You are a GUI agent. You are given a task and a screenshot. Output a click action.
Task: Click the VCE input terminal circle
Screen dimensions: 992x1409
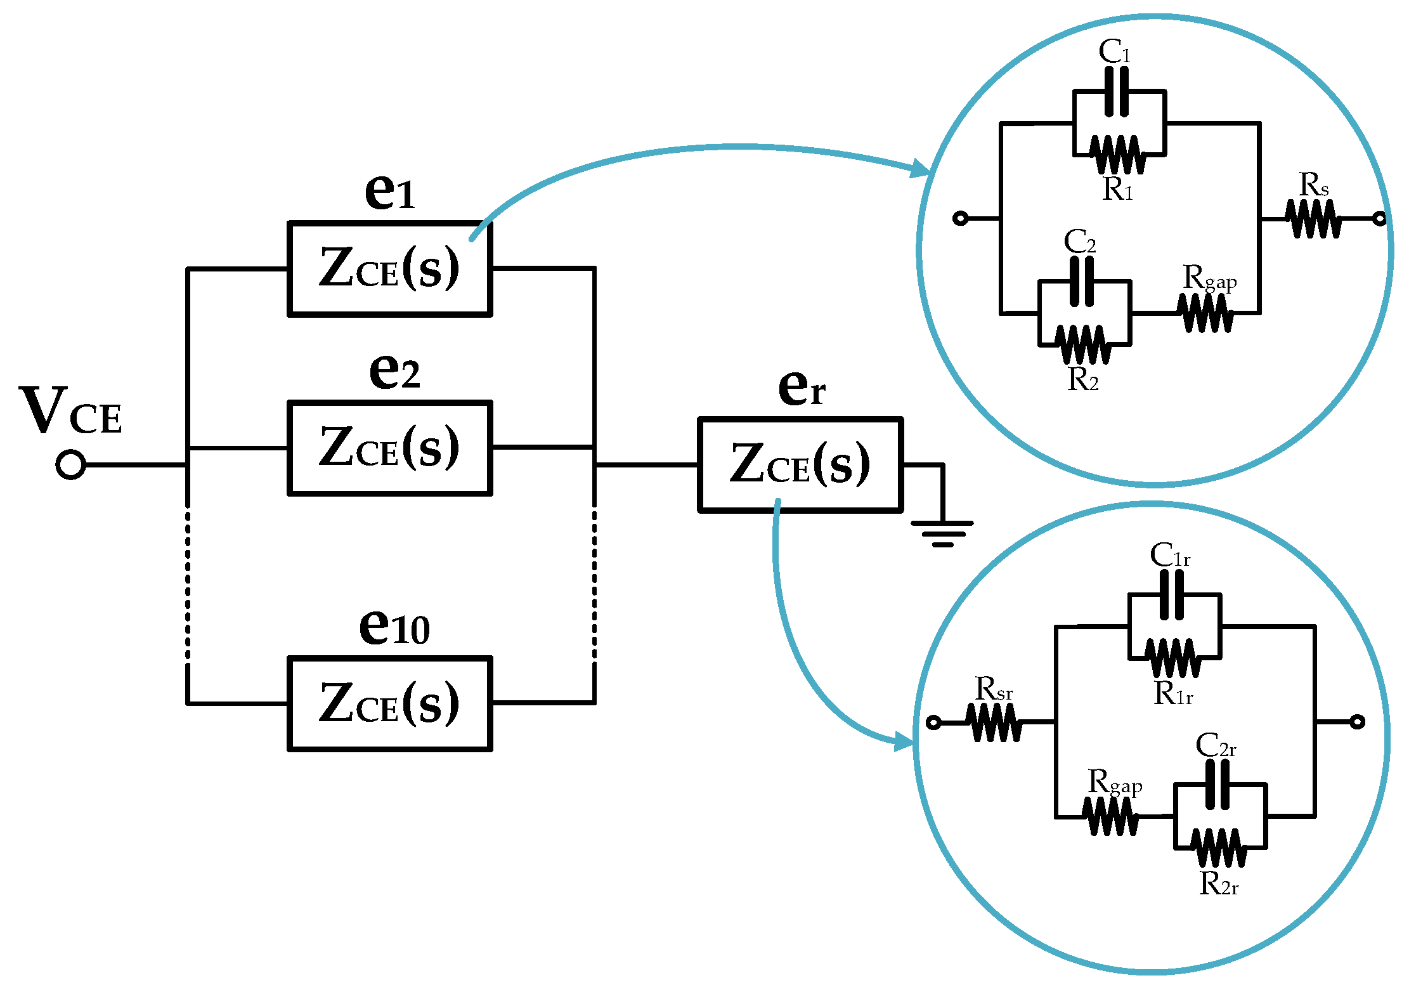click(x=70, y=465)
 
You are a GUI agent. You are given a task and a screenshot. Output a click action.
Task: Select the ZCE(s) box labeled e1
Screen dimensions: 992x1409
click(x=389, y=268)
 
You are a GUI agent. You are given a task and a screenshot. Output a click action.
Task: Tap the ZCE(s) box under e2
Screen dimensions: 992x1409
click(x=389, y=448)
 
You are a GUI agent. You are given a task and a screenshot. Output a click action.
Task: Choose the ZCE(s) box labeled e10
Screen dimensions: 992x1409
click(x=389, y=703)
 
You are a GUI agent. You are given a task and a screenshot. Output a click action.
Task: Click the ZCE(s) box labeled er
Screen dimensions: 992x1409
click(x=800, y=464)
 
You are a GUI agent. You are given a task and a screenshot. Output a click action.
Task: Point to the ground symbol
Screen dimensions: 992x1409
click(x=942, y=533)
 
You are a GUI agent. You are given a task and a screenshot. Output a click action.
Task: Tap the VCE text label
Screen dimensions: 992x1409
click(x=70, y=412)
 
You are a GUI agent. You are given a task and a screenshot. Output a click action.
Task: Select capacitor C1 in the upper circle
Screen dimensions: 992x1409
click(x=1116, y=92)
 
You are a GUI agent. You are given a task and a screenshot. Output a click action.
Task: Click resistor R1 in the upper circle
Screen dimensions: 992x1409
click(x=1119, y=155)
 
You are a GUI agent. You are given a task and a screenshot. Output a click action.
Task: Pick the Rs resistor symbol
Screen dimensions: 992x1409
click(x=1314, y=219)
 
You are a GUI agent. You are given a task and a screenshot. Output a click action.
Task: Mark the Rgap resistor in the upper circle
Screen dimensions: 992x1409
click(x=1205, y=313)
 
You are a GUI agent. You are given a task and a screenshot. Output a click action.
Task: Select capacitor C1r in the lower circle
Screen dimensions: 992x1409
click(x=1171, y=594)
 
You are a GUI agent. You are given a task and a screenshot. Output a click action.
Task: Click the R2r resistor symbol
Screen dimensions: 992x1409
click(x=1219, y=847)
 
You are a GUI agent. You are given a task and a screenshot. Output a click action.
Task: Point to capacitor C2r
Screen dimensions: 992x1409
click(x=1217, y=785)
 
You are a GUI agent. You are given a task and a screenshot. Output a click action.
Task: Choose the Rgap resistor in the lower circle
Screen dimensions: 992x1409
click(x=1111, y=816)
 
